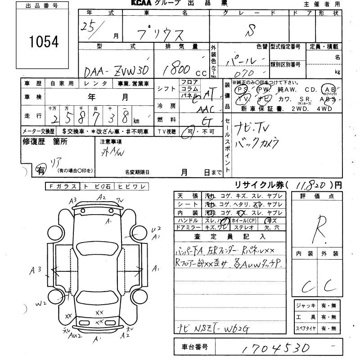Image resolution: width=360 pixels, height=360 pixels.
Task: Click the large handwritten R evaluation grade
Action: click(x=321, y=224)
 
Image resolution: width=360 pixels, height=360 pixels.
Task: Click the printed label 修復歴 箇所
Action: click(x=45, y=142)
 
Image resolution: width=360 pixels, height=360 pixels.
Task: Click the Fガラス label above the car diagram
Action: click(x=62, y=186)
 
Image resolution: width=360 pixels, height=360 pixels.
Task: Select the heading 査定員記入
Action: click(x=230, y=236)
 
